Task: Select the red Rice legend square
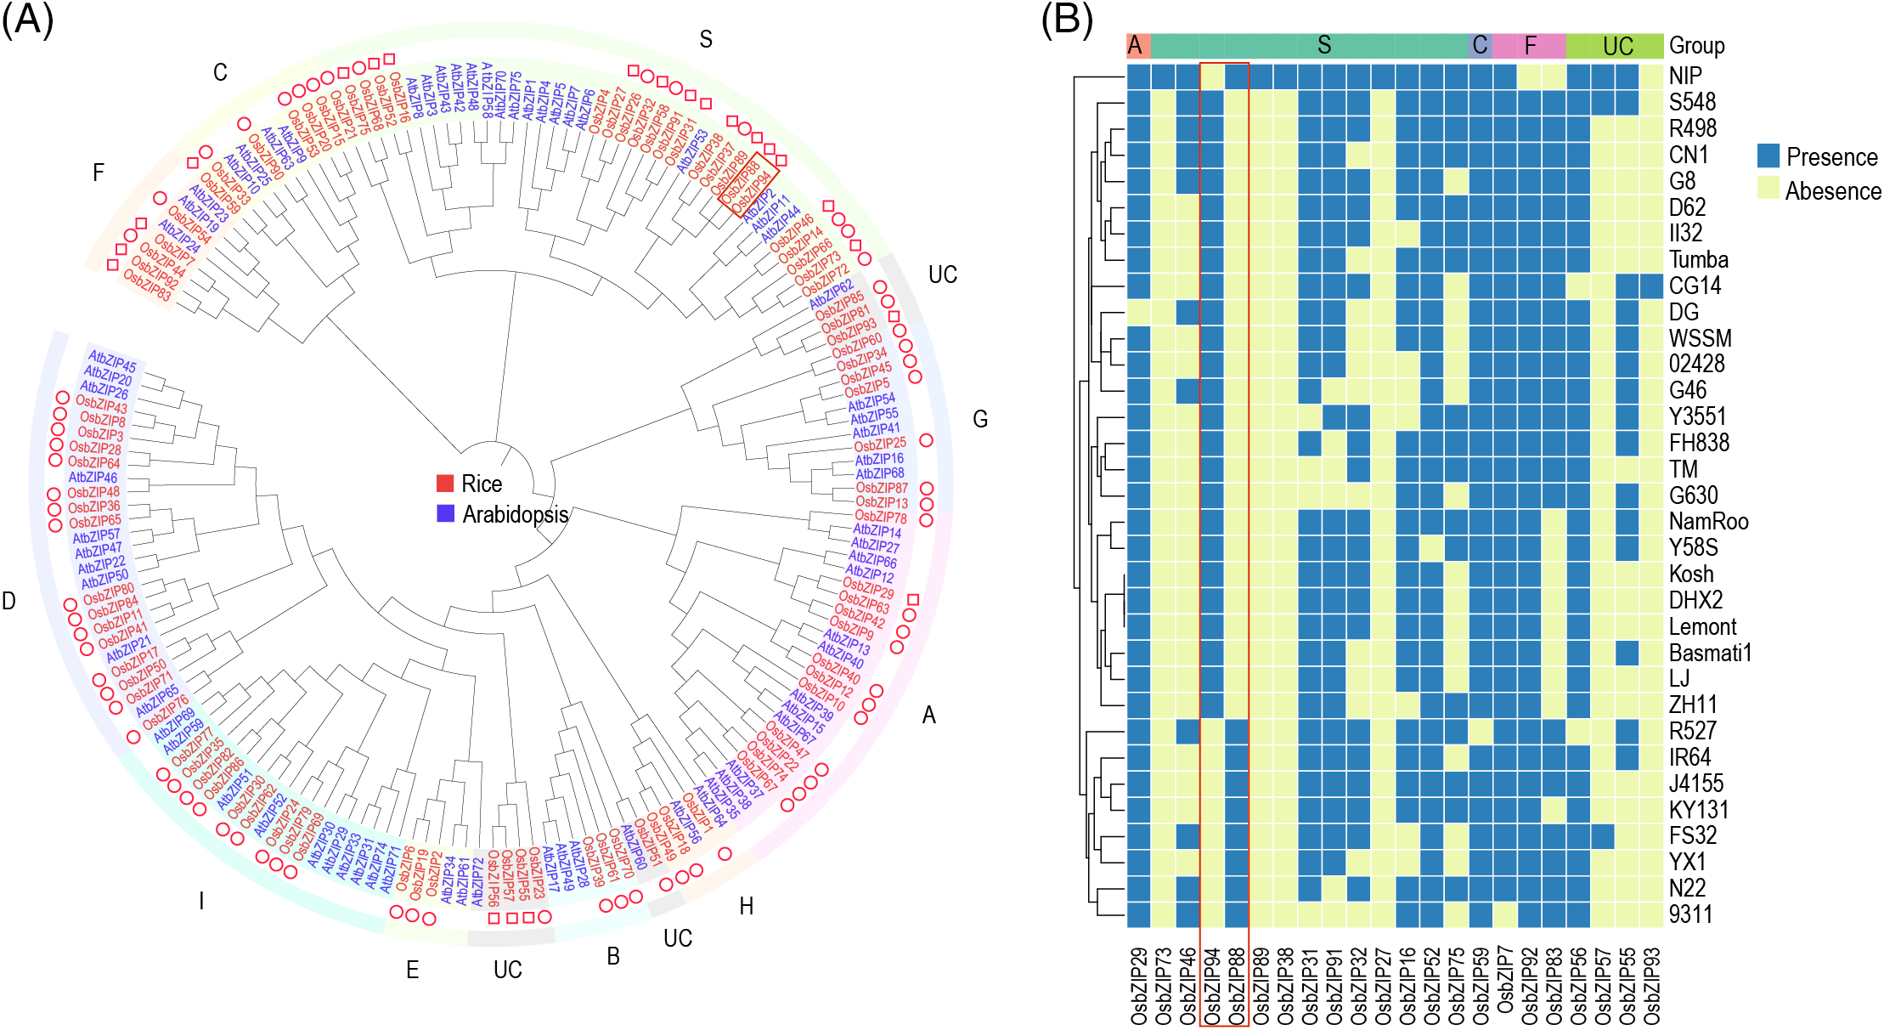click(445, 484)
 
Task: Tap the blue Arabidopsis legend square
click(445, 513)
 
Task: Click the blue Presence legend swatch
click(1768, 156)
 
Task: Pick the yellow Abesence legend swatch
click(1768, 189)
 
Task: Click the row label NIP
click(1685, 76)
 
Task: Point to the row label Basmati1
click(1710, 653)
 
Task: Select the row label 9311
click(1690, 914)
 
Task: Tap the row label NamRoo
click(1708, 521)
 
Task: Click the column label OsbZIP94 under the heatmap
click(1212, 987)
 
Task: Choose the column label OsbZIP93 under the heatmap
click(1651, 987)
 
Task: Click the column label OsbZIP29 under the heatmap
click(1139, 987)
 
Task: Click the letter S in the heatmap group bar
click(1323, 46)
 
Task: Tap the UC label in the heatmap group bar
click(1617, 46)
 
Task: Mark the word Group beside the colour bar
click(1696, 46)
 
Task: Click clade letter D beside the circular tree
click(9, 602)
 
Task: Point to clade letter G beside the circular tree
click(980, 419)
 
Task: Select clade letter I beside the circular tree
click(201, 901)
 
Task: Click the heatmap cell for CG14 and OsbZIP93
click(1651, 286)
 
